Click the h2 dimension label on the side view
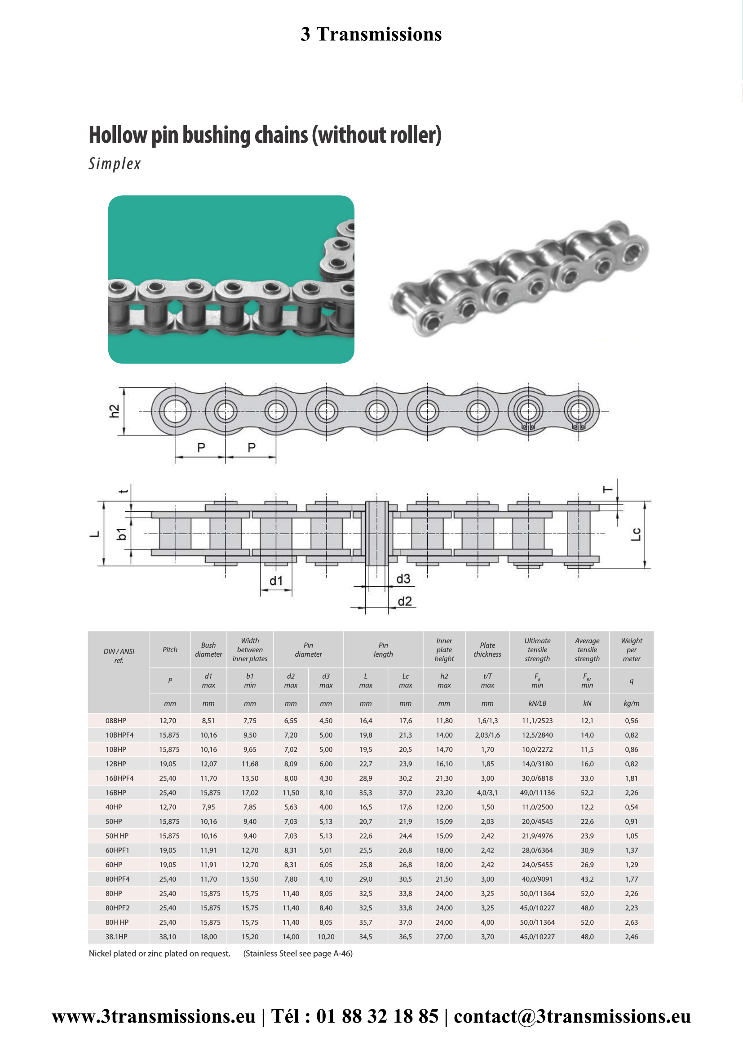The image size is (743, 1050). (114, 411)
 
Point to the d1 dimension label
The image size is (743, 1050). (276, 581)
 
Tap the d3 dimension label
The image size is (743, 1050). (403, 579)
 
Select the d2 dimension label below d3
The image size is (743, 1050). (404, 602)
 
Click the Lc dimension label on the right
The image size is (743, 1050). (636, 534)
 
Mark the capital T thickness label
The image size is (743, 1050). (608, 490)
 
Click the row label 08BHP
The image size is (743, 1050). (116, 721)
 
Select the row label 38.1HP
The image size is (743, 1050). (117, 936)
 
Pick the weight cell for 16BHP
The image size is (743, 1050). (631, 792)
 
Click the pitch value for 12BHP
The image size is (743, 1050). (168, 764)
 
